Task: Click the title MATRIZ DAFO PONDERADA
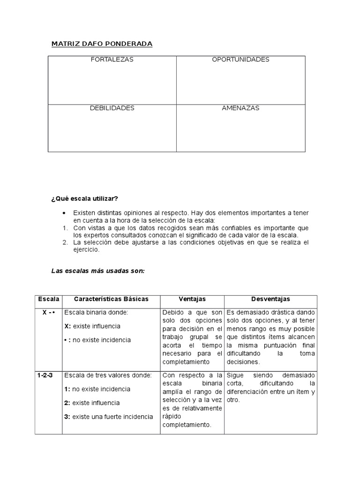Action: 102,44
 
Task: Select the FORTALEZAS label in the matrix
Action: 112,60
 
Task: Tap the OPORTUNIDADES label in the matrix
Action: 240,60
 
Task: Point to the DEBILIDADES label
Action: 112,108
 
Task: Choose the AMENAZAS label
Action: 240,108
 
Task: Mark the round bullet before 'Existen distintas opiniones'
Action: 64,213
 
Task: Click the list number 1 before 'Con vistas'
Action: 65,228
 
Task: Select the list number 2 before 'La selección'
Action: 65,242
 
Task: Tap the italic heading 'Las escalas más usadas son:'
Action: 97,271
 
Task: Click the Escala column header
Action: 48,299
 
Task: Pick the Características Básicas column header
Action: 111,299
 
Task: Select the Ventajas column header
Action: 192,299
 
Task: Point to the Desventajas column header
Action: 270,299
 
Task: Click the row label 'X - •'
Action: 49,312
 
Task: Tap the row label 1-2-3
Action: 45,375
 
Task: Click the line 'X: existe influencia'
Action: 92,326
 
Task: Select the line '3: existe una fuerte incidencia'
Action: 108,417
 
